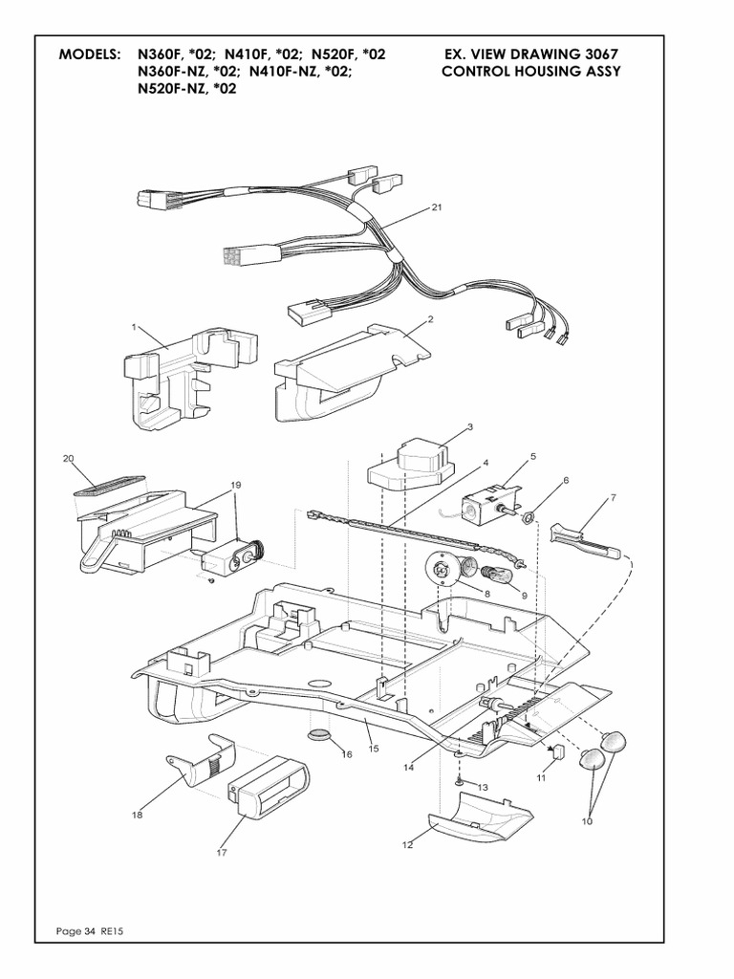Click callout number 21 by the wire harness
coord(437,207)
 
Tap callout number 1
coord(135,327)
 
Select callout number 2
coord(431,319)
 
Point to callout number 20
coord(68,459)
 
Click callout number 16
coord(346,754)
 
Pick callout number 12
coord(407,844)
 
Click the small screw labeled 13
coord(460,783)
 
